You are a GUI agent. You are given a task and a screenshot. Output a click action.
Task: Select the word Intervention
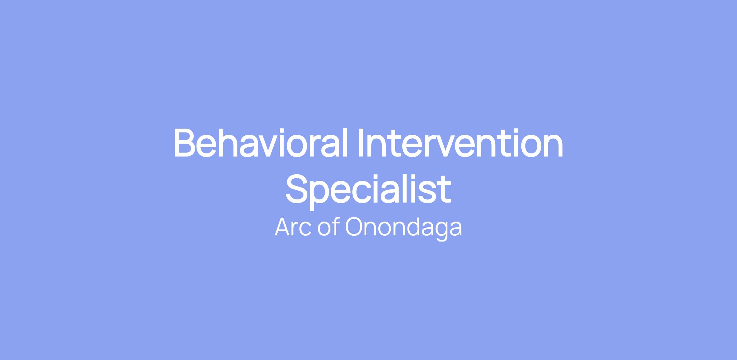point(461,143)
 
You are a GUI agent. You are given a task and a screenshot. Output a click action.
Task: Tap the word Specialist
point(368,190)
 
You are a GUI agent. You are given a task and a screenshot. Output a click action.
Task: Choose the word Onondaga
point(404,229)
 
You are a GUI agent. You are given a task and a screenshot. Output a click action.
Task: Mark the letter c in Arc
point(306,230)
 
